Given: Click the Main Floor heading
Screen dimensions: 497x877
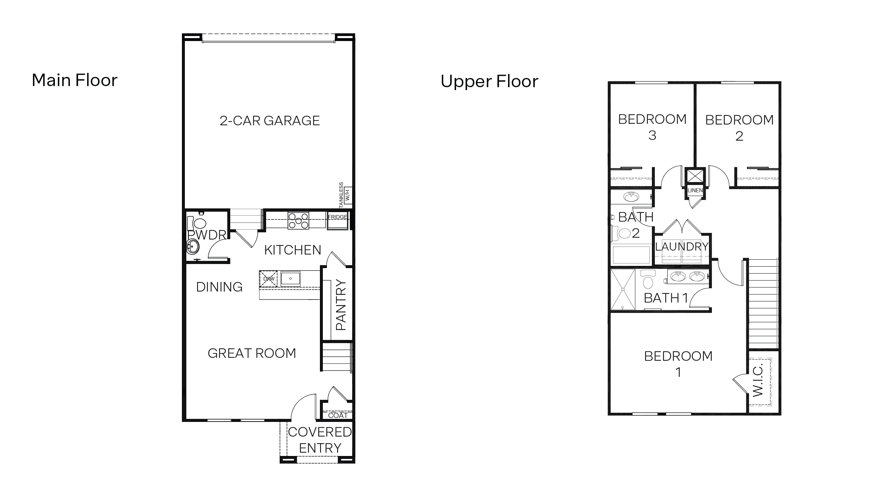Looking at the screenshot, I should (75, 80).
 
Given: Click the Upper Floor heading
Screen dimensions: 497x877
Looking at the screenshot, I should (489, 81).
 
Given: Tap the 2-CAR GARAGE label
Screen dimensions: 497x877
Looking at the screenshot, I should (269, 120).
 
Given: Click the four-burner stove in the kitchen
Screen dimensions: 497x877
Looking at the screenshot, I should (298, 220).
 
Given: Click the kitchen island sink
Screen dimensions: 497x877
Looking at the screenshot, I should (290, 279).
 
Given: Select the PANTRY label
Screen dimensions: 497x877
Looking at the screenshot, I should (341, 305).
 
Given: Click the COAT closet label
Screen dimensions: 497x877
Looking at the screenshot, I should (337, 415).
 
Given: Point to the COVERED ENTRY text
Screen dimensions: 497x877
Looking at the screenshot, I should (320, 440).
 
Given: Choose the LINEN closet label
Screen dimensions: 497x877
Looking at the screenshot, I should (695, 190).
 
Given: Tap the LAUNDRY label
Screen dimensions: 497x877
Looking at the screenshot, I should (682, 246).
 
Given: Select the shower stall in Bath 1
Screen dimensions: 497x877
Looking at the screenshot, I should (623, 290).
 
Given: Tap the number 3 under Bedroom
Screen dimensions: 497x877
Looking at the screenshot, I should (652, 136).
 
